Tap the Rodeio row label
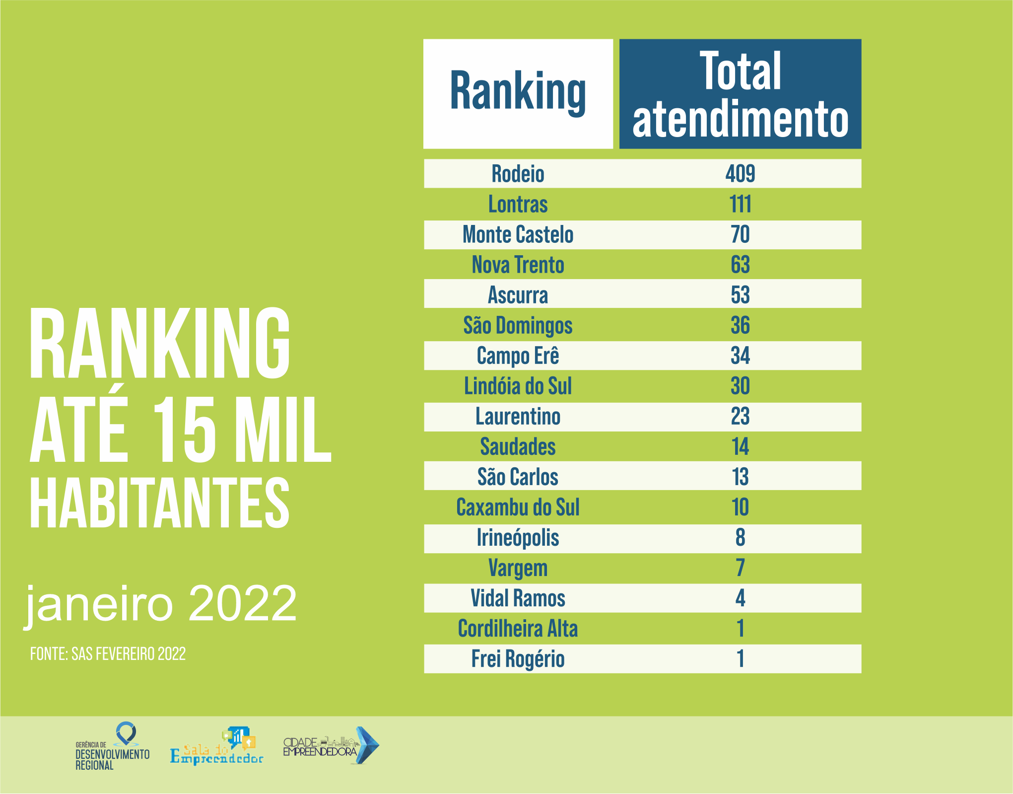coord(518,174)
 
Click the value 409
coord(740,174)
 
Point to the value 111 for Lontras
coord(740,204)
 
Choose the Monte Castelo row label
coord(518,234)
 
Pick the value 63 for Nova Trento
coord(740,265)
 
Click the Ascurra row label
coord(518,295)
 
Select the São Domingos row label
coord(518,326)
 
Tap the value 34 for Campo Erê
coord(740,356)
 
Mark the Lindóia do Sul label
coord(518,386)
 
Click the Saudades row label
coord(518,447)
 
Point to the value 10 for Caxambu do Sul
coord(740,507)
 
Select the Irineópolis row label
coord(518,538)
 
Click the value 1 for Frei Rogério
coord(740,659)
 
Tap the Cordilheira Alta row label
coord(518,629)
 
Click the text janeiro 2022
coord(161,604)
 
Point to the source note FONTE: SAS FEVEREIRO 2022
coord(108,654)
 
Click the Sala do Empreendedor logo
coord(217,747)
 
